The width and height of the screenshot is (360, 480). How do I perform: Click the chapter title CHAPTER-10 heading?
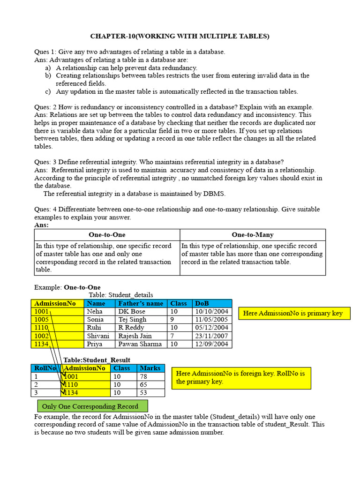[180, 36]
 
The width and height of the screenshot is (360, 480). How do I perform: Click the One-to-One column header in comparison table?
[107, 234]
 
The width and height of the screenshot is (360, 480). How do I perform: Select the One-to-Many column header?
[252, 234]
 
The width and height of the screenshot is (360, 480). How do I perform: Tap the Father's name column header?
[141, 303]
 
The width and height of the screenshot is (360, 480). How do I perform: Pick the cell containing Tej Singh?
[133, 319]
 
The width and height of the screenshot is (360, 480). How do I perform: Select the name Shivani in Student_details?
[98, 336]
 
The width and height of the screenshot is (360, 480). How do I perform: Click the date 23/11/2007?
[211, 336]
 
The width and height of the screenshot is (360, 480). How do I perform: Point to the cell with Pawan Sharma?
[140, 344]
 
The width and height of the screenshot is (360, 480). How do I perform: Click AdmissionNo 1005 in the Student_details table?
[42, 319]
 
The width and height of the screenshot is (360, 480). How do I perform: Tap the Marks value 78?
[144, 376]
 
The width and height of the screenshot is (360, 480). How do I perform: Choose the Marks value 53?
[144, 392]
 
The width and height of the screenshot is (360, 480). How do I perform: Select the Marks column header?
[150, 368]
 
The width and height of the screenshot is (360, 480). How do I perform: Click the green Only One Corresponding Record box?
[92, 406]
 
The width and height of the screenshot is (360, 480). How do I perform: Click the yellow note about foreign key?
[241, 377]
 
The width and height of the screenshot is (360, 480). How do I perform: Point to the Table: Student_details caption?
[121, 295]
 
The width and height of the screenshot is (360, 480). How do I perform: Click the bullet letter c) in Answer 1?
[48, 91]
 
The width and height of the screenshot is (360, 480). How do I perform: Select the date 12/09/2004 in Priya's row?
[211, 344]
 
